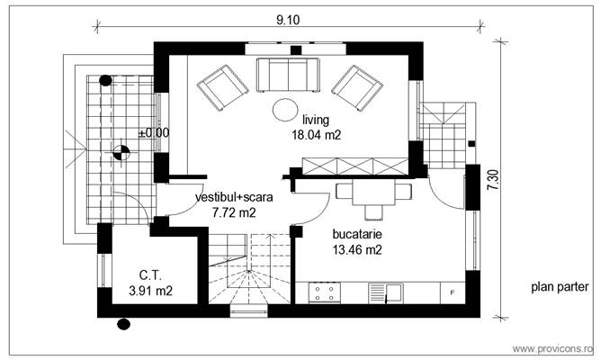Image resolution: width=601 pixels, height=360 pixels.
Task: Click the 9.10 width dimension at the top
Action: click(288, 18)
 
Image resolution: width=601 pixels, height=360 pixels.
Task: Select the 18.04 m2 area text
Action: click(316, 135)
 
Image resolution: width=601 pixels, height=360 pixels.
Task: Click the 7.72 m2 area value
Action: click(235, 213)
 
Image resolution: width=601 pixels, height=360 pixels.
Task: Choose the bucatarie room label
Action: click(357, 233)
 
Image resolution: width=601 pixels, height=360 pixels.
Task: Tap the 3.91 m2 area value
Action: click(150, 291)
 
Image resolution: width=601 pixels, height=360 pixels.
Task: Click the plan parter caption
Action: click(560, 288)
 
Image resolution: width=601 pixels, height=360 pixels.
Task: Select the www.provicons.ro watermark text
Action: click(552, 348)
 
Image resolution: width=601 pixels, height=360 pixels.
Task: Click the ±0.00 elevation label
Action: click(154, 133)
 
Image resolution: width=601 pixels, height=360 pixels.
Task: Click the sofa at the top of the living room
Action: click(288, 74)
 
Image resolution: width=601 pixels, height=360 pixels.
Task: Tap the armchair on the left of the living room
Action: click(222, 85)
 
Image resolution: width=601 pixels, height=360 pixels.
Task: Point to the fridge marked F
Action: click(453, 292)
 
